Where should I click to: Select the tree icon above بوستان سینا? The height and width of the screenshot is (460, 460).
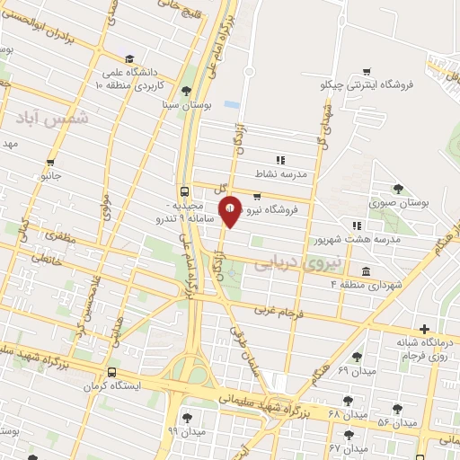point(185,91)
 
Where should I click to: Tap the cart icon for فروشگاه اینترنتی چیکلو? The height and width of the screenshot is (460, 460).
point(366,72)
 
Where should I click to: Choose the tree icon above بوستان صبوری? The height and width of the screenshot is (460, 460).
point(398,189)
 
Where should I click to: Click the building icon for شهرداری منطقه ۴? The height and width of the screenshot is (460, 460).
point(366,271)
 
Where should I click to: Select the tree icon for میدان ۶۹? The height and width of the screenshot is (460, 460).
point(357,357)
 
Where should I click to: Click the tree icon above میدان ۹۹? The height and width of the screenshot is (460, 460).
point(187,418)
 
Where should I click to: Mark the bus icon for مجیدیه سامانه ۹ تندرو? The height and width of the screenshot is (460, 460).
point(184,191)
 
